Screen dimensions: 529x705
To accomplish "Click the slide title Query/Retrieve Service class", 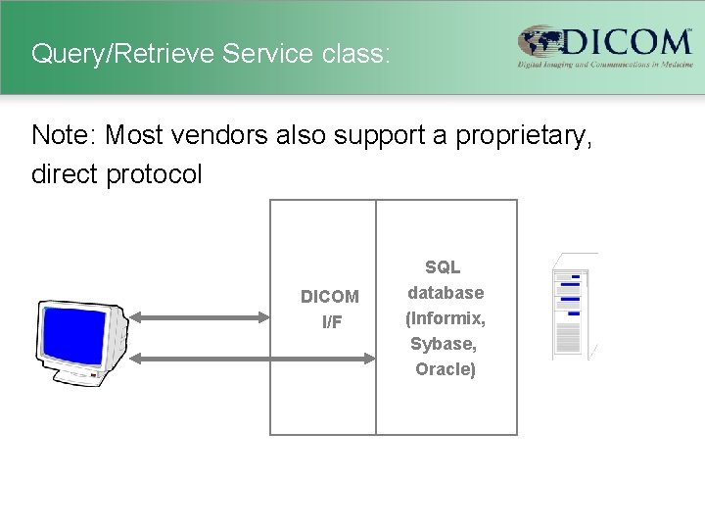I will (211, 53).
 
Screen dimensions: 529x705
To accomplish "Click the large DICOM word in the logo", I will (627, 41).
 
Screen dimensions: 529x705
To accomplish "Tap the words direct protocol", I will (117, 174).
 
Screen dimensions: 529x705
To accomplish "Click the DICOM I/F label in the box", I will (330, 309).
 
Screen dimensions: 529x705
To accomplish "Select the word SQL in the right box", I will (443, 266).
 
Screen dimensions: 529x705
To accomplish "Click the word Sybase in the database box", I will (444, 344).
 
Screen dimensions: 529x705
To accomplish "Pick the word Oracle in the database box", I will (445, 369).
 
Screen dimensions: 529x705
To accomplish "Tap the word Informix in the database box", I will (446, 318).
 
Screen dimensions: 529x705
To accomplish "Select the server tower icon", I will (573, 307).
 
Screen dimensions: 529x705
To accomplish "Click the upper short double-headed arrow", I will (201, 316).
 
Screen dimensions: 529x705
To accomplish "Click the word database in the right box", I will (446, 292).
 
